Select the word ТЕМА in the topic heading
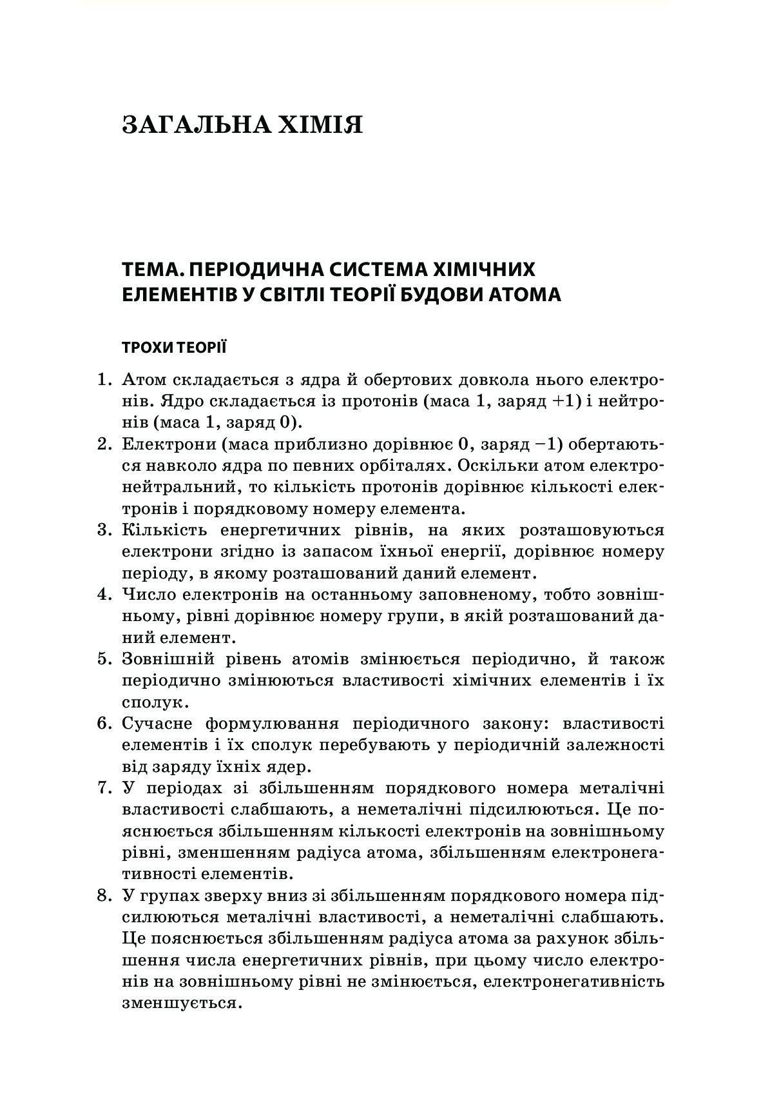coord(150,269)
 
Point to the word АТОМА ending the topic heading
coord(523,295)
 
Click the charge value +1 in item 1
coord(567,401)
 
